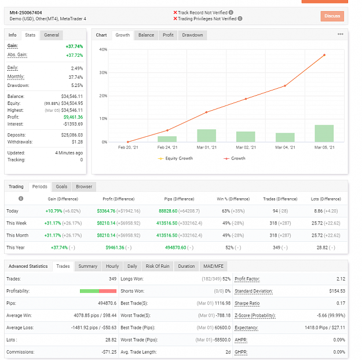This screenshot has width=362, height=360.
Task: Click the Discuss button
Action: (332, 16)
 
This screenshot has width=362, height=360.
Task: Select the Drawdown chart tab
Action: (192, 35)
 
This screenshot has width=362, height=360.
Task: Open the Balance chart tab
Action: (146, 35)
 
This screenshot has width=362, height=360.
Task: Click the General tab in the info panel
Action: (52, 35)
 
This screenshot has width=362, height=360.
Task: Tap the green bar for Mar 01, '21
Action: (206, 136)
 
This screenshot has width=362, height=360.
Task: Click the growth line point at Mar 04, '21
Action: (285, 86)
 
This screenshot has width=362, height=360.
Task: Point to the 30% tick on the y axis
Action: (103, 72)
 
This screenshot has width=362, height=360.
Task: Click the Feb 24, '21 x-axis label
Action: (167, 147)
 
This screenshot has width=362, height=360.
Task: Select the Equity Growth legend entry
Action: (175, 158)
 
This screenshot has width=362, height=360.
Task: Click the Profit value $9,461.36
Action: (73, 117)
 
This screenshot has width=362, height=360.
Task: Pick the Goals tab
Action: (61, 187)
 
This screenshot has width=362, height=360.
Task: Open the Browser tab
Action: (84, 187)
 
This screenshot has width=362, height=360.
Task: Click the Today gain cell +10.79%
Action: (54, 211)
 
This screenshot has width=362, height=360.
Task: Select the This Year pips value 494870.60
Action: (175, 248)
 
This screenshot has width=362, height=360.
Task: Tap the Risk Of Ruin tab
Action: (158, 266)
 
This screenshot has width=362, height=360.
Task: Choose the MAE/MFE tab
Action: (213, 266)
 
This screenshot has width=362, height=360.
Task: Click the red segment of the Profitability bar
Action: (108, 291)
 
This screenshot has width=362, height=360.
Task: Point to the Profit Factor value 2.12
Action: (341, 279)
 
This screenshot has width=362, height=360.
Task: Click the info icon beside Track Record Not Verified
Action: (231, 13)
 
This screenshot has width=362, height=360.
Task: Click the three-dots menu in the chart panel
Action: (341, 34)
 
